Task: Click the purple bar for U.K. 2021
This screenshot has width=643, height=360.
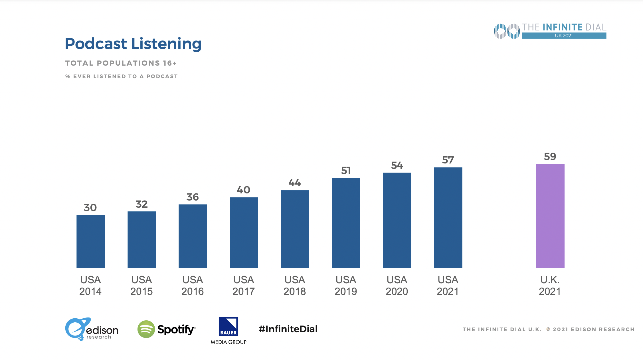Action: pyautogui.click(x=550, y=216)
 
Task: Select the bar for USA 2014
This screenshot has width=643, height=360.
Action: pyautogui.click(x=91, y=241)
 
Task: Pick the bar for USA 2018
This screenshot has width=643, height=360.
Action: pyautogui.click(x=295, y=229)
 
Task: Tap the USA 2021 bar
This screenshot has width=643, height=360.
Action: pyautogui.click(x=448, y=217)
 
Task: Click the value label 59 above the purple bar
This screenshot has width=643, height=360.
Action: pyautogui.click(x=550, y=156)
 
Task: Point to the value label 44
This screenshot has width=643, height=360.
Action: pyautogui.click(x=295, y=183)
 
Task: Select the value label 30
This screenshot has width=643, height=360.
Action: pyautogui.click(x=90, y=207)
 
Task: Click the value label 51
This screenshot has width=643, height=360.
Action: pyautogui.click(x=346, y=171)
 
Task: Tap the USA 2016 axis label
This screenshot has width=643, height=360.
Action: pyautogui.click(x=193, y=286)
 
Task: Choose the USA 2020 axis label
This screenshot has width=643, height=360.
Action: pyautogui.click(x=397, y=286)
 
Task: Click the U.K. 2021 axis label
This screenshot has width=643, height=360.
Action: pyautogui.click(x=550, y=286)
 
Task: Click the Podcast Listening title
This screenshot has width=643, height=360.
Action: pyautogui.click(x=133, y=44)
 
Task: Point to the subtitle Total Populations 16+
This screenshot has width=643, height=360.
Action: pyautogui.click(x=121, y=63)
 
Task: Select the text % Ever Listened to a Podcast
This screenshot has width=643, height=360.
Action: pyautogui.click(x=122, y=76)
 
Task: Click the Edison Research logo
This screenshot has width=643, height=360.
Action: pyautogui.click(x=92, y=329)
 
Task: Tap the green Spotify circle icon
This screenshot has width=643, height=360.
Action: pyautogui.click(x=146, y=329)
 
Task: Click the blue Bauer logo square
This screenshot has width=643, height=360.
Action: pyautogui.click(x=228, y=327)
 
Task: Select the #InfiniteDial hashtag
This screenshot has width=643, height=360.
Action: pyautogui.click(x=288, y=329)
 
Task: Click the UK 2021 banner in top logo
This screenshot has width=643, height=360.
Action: pyautogui.click(x=564, y=36)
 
